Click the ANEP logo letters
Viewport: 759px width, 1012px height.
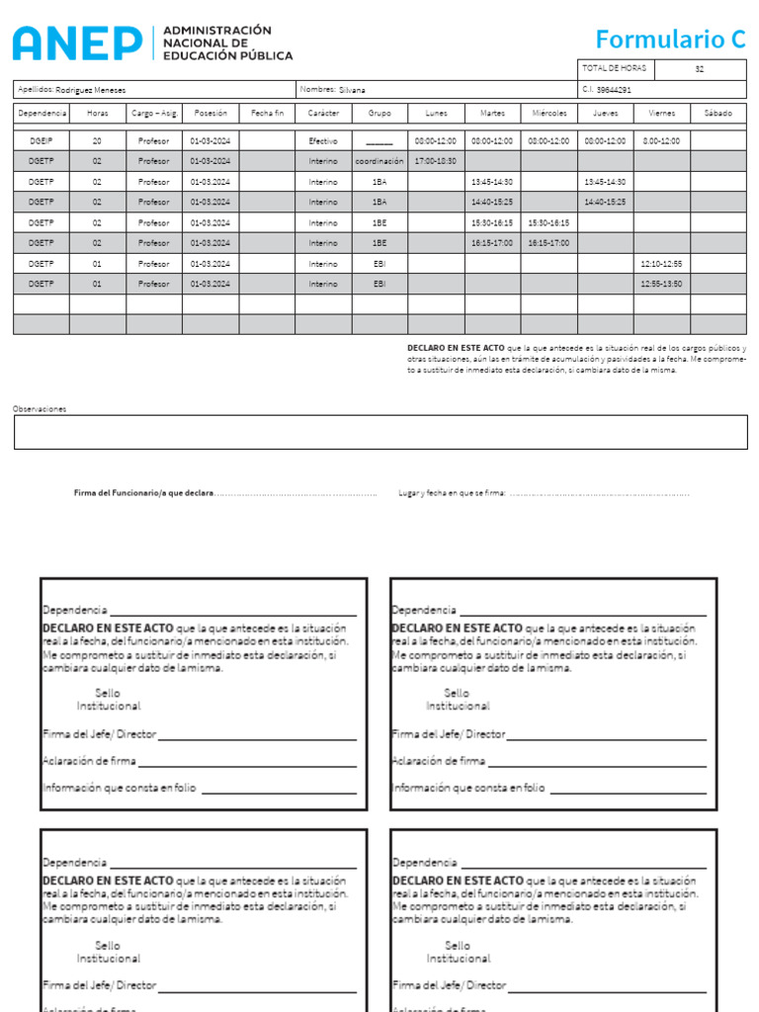click(77, 42)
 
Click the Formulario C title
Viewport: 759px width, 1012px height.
click(670, 40)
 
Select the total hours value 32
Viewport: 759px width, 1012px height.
click(700, 69)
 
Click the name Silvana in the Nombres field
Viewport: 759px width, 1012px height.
click(352, 89)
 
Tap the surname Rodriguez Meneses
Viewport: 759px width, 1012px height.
click(91, 89)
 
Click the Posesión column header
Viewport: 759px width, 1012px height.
click(211, 114)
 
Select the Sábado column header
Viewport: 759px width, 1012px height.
click(718, 114)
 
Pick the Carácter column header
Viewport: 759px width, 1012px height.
click(323, 114)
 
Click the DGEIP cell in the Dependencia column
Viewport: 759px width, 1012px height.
click(41, 141)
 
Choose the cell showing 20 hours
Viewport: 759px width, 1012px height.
click(97, 141)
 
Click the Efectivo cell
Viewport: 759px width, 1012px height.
click(323, 141)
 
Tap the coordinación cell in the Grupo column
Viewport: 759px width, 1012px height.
click(379, 161)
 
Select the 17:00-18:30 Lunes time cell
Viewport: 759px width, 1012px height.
click(436, 161)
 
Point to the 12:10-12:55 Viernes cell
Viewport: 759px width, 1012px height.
click(661, 264)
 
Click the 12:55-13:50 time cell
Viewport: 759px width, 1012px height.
click(661, 285)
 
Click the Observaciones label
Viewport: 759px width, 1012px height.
click(40, 408)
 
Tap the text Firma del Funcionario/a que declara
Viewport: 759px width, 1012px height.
click(143, 492)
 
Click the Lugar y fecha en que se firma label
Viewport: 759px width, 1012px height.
click(452, 492)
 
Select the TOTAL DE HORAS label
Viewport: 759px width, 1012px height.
click(614, 68)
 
